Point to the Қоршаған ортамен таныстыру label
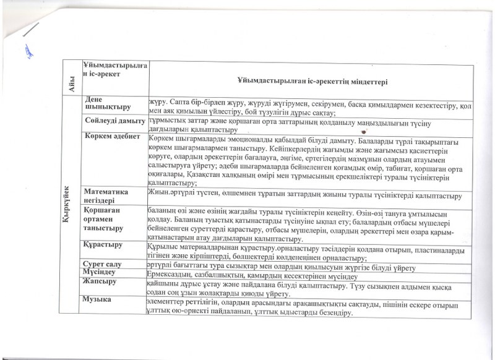pos(105,220)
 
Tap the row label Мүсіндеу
pos(100,273)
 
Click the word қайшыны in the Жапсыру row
pos(162,283)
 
